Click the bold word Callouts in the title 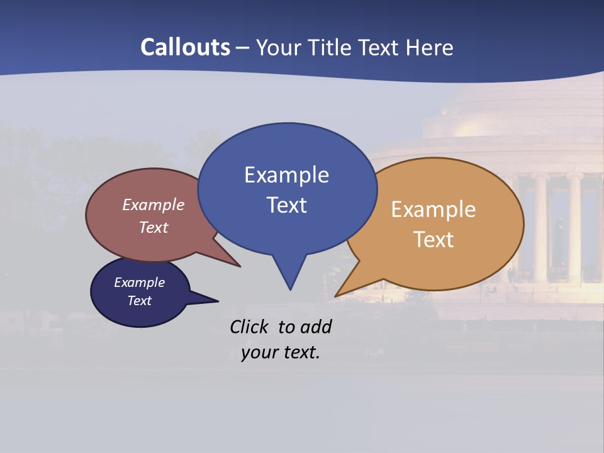click(x=185, y=47)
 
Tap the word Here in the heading click(x=429, y=47)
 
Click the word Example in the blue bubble click(x=286, y=175)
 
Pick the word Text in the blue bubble click(x=286, y=205)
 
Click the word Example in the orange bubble click(x=433, y=210)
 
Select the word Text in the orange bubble click(x=433, y=240)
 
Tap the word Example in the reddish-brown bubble click(x=154, y=205)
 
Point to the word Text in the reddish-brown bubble click(x=154, y=227)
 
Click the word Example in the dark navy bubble click(x=139, y=282)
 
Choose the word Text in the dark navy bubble click(x=139, y=301)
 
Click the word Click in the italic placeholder click(x=250, y=327)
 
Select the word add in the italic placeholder click(x=317, y=327)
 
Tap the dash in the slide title click(x=243, y=48)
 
